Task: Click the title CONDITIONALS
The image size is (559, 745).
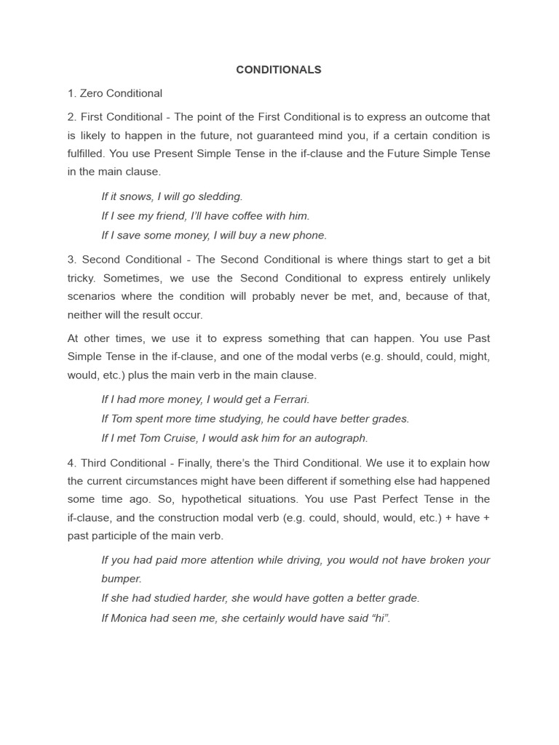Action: point(279,70)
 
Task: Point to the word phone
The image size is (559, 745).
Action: point(310,235)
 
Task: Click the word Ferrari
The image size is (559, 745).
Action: point(290,399)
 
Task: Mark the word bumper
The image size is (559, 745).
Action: point(120,579)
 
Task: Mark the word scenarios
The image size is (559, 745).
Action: point(92,296)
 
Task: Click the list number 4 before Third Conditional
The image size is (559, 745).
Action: point(71,463)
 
